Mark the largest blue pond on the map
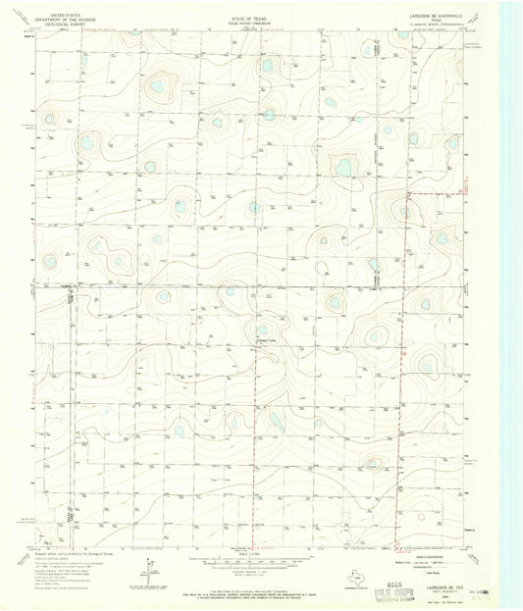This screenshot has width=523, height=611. [343, 168]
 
